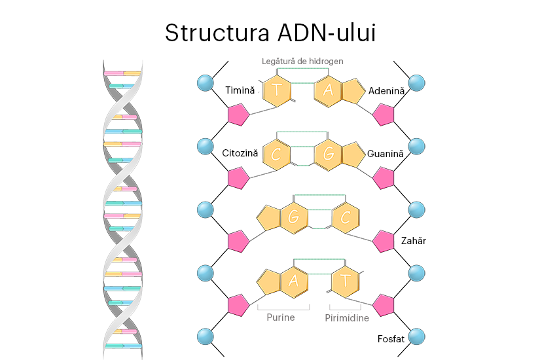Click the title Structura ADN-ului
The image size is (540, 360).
pyautogui.click(x=270, y=32)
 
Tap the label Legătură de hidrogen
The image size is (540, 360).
pyautogui.click(x=302, y=61)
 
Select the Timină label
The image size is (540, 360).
pyautogui.click(x=240, y=90)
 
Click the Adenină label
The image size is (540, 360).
pyautogui.click(x=387, y=90)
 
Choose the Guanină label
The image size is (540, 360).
pyautogui.click(x=386, y=153)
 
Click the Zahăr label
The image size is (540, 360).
pyautogui.click(x=413, y=241)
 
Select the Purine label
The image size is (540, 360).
pyautogui.click(x=280, y=317)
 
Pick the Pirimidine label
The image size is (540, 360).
pyautogui.click(x=347, y=318)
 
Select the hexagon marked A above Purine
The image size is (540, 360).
pyautogui.click(x=295, y=281)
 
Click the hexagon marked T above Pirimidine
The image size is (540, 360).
pyautogui.click(x=345, y=281)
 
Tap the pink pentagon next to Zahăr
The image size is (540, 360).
pyautogui.click(x=383, y=241)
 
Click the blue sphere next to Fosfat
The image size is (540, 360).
pyautogui.click(x=416, y=337)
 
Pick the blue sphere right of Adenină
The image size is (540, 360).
pyautogui.click(x=416, y=83)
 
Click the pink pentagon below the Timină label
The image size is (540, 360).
pyautogui.click(x=238, y=115)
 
